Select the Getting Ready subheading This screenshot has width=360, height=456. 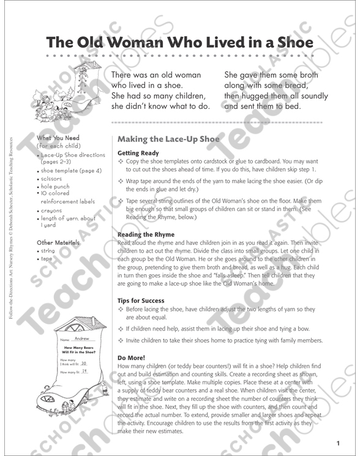coord(138,153)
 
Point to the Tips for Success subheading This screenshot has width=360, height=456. coord(141,301)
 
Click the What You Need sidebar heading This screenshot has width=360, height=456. coord(59,139)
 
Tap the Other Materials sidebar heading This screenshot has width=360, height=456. coord(59,242)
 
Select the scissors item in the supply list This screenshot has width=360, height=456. coord(54,179)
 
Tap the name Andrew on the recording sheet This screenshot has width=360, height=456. coord(81,338)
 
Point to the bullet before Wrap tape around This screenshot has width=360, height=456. coord(121,182)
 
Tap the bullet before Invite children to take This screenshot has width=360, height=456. coord(121,340)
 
